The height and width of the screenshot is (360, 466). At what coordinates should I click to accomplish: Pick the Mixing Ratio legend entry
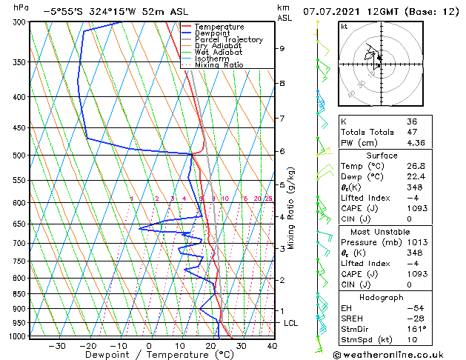pos(219,65)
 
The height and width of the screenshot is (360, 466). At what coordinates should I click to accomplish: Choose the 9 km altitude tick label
pos(282,48)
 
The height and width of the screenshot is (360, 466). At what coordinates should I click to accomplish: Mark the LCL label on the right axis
pos(290,323)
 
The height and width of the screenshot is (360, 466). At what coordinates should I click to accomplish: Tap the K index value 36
pos(412,121)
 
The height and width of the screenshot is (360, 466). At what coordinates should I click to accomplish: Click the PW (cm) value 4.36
pos(416,143)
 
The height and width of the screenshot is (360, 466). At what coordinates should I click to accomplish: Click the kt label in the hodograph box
pos(344,26)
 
